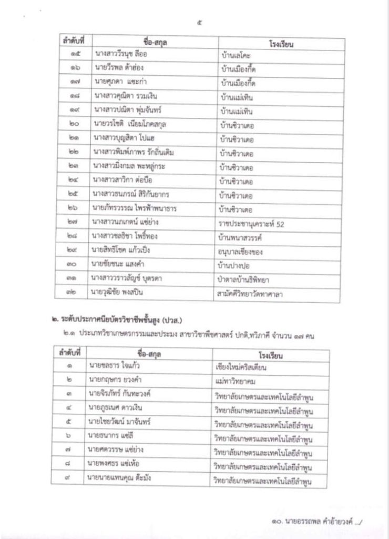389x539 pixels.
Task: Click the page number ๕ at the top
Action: point(194,22)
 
